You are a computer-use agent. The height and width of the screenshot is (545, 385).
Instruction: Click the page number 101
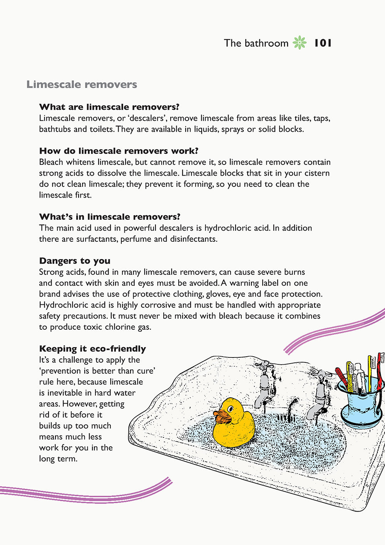click(323, 43)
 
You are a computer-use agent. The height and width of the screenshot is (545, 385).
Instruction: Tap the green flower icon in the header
click(300, 43)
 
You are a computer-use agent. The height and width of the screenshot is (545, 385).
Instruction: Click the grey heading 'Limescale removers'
click(82, 85)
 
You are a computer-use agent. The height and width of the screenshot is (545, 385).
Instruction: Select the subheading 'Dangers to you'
click(75, 261)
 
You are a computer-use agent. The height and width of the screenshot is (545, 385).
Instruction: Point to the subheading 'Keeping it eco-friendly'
click(92, 349)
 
